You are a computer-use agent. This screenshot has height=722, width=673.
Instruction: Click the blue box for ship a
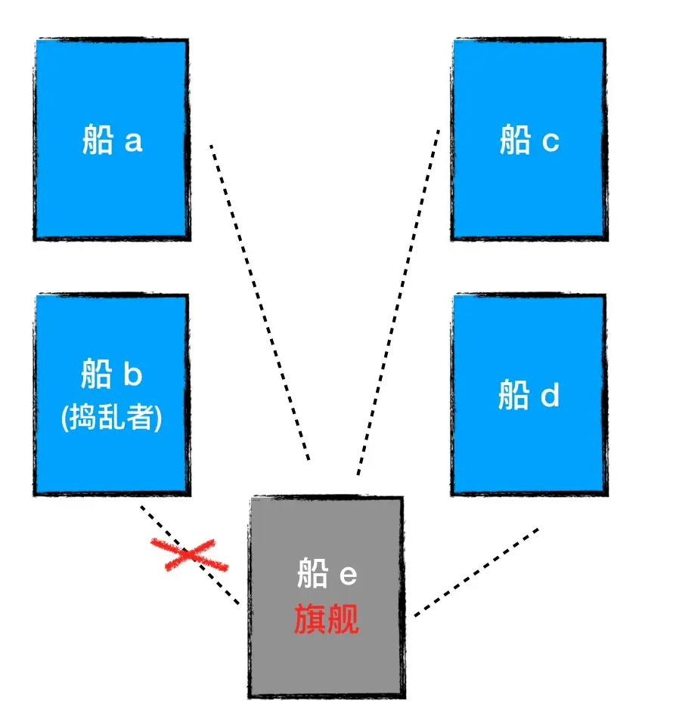[112, 189]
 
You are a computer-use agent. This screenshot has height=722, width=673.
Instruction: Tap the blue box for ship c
[529, 189]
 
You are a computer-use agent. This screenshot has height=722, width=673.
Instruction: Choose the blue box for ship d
[529, 453]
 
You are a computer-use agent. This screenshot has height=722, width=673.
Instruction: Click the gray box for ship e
[325, 665]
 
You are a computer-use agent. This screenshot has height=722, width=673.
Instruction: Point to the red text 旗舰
[327, 619]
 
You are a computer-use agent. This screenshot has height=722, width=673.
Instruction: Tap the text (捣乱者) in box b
[112, 418]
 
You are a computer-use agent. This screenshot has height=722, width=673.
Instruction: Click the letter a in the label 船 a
[132, 141]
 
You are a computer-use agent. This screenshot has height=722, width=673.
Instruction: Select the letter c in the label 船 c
[550, 141]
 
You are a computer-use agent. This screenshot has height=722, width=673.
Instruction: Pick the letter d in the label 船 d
[550, 395]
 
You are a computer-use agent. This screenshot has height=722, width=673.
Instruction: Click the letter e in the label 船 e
[347, 575]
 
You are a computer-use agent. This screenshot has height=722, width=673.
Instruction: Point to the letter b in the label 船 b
[132, 374]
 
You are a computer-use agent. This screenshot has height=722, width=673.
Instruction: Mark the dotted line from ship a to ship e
[259, 302]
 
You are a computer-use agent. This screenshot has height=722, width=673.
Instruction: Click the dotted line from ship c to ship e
[399, 302]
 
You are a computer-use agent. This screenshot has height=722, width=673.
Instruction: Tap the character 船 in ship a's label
[98, 140]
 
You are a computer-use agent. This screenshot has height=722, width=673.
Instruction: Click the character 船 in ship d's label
[514, 395]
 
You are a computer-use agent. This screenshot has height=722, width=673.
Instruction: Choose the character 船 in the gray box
[312, 575]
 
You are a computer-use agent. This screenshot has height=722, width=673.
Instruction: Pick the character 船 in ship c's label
[515, 140]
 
